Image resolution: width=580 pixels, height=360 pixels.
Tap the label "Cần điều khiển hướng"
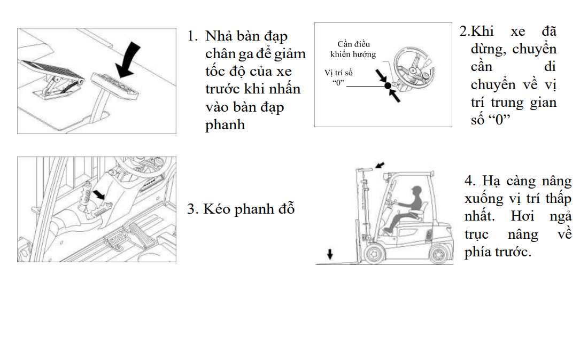tap(353, 49)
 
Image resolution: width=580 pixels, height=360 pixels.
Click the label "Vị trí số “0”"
tap(338, 77)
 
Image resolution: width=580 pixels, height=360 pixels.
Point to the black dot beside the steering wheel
tap(388, 86)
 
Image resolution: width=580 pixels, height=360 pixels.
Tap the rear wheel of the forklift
tap(439, 254)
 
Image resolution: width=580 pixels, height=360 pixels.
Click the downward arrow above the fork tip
tap(330, 254)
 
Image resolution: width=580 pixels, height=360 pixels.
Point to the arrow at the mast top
tap(380, 165)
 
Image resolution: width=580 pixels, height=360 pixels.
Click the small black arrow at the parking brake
tap(99, 194)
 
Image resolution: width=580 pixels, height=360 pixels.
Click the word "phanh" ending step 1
tap(225, 125)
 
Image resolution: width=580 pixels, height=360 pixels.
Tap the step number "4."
tap(470, 181)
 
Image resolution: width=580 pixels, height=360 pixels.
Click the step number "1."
tap(192, 36)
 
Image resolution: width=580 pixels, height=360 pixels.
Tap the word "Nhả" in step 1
tap(219, 36)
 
